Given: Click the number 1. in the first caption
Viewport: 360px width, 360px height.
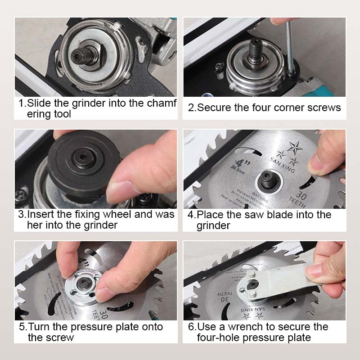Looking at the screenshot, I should (22, 103).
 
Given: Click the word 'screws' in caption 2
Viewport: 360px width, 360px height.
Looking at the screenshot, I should (324, 108).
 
